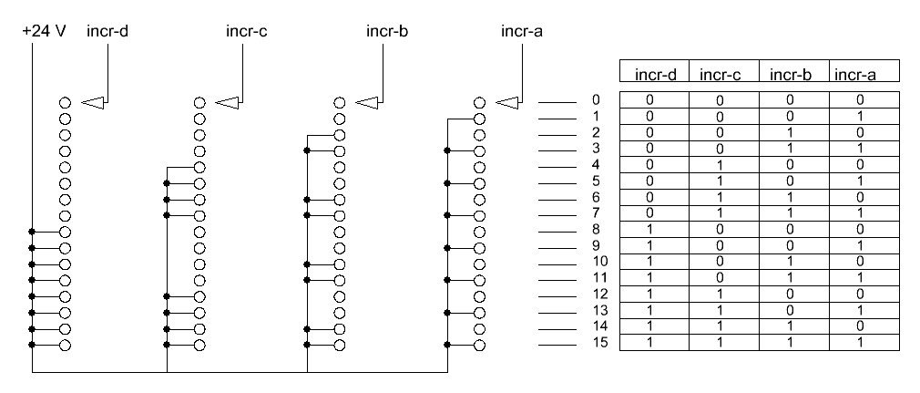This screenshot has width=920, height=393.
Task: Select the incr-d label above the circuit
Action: pos(107,30)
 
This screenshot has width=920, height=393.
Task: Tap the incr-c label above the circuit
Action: pos(246,30)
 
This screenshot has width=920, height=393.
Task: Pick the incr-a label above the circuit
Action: pos(523,30)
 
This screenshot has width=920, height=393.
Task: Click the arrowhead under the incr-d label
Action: pos(93,102)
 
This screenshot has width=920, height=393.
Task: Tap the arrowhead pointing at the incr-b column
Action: pos(368,102)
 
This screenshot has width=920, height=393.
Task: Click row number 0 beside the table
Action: pos(595,99)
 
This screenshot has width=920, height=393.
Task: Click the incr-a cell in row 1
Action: pos(861,116)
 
